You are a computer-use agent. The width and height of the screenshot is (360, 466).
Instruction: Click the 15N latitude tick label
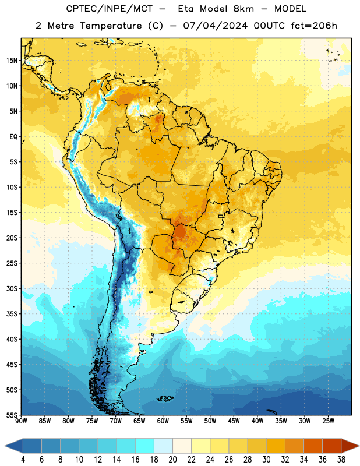point(12,61)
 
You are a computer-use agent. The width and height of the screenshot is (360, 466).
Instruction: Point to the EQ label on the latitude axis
point(13,137)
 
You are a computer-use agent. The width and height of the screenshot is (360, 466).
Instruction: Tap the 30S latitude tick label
point(12,288)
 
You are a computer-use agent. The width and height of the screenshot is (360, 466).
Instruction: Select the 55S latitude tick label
point(12,415)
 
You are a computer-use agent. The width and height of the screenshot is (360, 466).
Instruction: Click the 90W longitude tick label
point(21,421)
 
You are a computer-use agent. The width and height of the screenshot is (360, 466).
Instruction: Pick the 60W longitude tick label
point(163,421)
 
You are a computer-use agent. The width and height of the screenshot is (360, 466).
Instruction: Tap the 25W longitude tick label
point(328,421)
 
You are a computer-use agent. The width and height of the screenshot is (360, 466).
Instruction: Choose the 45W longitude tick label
point(234,421)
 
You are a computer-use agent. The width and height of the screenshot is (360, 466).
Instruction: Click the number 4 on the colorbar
point(23,460)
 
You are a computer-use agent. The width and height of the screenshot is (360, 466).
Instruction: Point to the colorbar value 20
point(172,460)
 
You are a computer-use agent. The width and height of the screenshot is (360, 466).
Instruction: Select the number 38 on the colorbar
point(341,460)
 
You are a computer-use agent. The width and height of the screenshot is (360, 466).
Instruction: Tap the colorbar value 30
point(266,460)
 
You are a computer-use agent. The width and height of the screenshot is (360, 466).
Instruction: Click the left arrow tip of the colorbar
point(5,446)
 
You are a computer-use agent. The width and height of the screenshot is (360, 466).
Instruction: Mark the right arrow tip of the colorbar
point(359,446)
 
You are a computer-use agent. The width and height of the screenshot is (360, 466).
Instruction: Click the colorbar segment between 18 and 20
point(164,446)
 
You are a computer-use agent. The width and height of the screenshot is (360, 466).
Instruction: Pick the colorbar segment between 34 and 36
point(313,446)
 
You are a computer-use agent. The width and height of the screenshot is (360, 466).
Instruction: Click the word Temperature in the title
point(111,26)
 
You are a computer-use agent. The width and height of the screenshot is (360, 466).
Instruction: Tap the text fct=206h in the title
point(314,26)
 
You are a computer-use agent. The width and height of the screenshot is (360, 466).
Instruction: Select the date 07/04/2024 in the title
point(215,26)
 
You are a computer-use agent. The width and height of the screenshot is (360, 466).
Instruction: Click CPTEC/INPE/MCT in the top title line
point(110,9)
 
